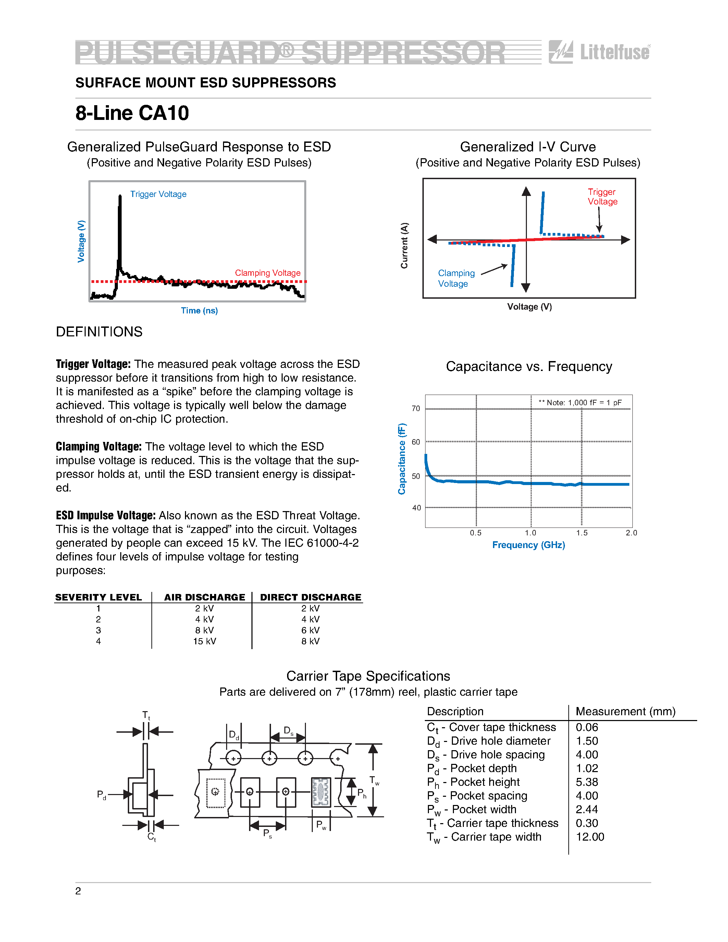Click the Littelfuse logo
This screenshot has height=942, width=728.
[600, 52]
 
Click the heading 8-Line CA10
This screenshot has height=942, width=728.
[132, 113]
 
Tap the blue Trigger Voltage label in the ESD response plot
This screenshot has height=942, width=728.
[158, 194]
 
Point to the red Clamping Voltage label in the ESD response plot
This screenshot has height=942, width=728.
[268, 273]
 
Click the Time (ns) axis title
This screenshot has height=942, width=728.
[199, 311]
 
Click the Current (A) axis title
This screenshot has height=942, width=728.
[404, 245]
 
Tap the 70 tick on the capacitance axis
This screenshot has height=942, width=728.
[416, 408]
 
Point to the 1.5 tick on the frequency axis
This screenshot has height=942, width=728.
[582, 533]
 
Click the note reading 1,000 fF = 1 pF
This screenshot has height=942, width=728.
[580, 402]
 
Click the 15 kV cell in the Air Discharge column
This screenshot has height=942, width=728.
[205, 641]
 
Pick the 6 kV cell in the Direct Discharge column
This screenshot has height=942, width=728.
[310, 630]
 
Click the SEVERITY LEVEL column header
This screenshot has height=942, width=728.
[98, 597]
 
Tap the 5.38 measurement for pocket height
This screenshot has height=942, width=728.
[587, 782]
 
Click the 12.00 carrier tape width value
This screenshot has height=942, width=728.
[590, 837]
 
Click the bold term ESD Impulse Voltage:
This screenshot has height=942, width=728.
[105, 516]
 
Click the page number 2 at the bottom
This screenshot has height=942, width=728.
[78, 891]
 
